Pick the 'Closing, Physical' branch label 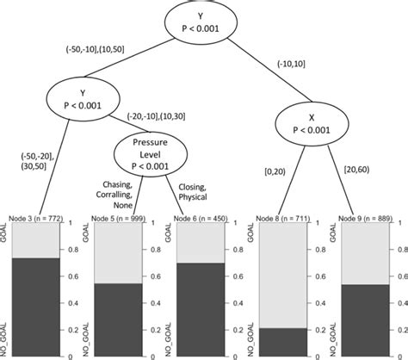pyautogui.click(x=195, y=191)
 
